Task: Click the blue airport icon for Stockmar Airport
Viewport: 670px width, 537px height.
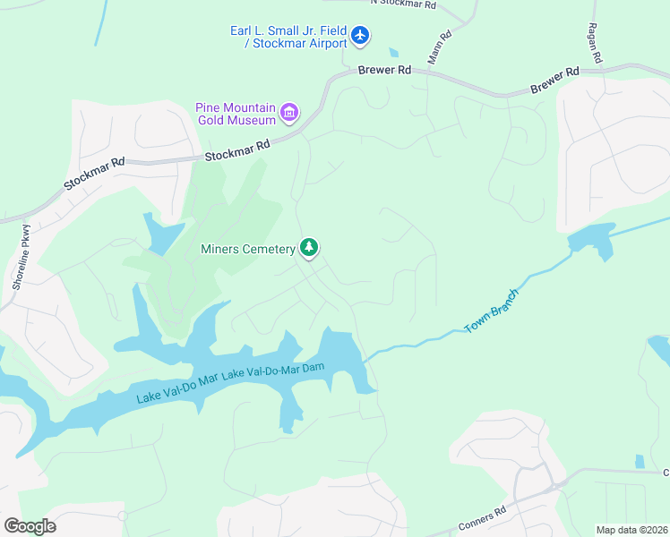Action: click(360, 35)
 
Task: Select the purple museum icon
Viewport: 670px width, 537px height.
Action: click(289, 113)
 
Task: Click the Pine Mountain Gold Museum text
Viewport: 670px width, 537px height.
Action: click(236, 114)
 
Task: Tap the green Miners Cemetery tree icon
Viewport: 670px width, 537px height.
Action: click(309, 247)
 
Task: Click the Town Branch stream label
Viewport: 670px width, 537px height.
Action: click(492, 311)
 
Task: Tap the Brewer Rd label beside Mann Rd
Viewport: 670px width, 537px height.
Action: click(383, 70)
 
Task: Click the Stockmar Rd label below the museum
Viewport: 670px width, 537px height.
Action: click(237, 150)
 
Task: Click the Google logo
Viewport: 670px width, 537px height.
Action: click(30, 525)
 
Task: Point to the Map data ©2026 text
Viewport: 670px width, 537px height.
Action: click(631, 530)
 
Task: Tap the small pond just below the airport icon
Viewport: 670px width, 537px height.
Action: click(393, 53)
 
